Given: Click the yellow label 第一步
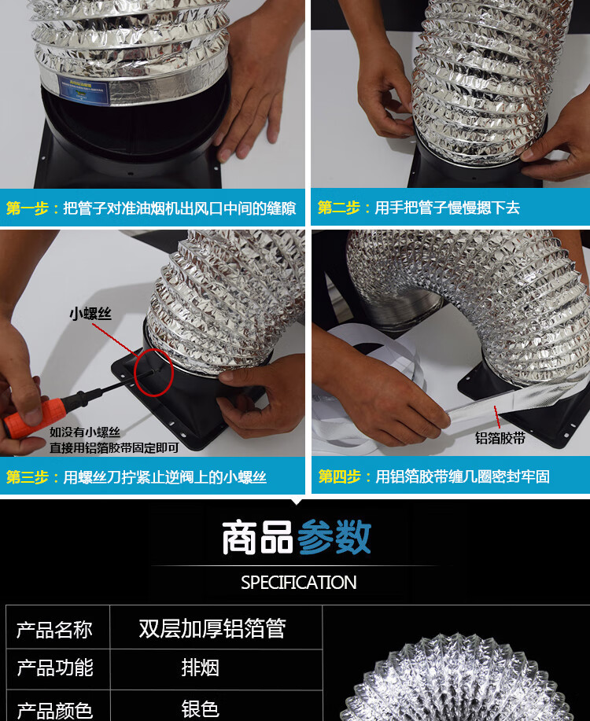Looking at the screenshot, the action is [28, 208].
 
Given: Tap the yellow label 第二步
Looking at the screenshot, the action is [339, 208].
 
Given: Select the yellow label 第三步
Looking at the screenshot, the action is [28, 476].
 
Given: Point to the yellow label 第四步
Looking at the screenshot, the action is [340, 476].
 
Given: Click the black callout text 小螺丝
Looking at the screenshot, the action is [90, 314].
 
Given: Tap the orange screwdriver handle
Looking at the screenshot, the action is [32, 418].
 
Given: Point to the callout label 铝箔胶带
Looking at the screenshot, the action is [500, 438].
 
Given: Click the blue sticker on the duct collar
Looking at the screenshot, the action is [84, 91].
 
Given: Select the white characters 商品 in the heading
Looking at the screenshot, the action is [258, 537].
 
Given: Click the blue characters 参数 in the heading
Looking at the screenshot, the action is [334, 537].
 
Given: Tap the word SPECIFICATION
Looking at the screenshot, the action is [299, 583].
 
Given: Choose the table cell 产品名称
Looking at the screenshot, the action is [54, 630].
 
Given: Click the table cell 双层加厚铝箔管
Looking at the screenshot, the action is [212, 628].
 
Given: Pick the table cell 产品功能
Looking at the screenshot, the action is [55, 668].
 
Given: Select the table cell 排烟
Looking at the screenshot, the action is [200, 668].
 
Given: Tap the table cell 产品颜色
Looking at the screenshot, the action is [55, 710].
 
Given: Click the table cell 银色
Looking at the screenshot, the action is [200, 709].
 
